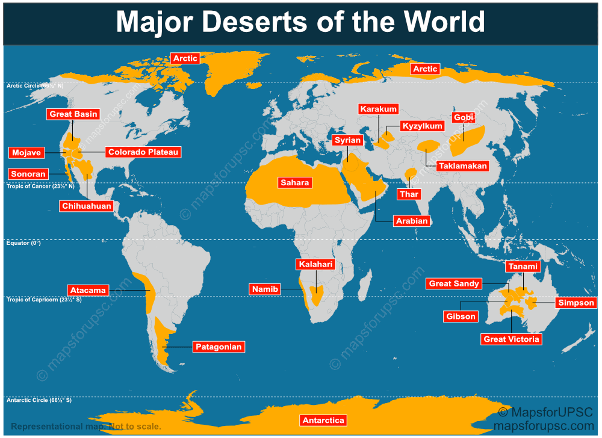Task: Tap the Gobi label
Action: [464, 117]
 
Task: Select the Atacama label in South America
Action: [88, 290]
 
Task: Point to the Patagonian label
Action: [219, 347]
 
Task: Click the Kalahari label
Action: [315, 265]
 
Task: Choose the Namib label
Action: [265, 289]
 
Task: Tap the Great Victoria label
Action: [512, 339]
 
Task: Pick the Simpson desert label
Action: [576, 303]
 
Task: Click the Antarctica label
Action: [323, 421]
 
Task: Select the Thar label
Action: [409, 194]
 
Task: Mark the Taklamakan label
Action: [462, 165]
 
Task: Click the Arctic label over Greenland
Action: [185, 58]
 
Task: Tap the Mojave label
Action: [26, 153]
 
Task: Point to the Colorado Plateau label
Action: [143, 152]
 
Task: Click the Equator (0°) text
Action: [23, 243]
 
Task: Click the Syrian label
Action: [347, 140]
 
